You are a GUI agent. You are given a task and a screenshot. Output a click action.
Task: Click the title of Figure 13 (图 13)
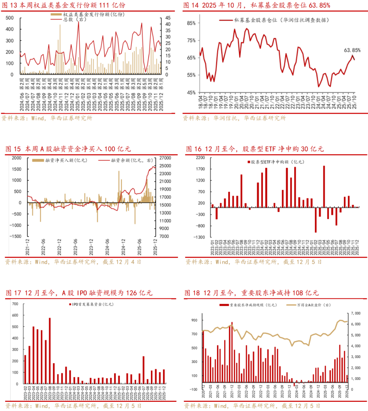[64, 5]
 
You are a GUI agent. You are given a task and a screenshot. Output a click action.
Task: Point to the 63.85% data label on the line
[352, 50]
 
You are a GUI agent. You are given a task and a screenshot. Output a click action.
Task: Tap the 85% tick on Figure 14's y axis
[191, 23]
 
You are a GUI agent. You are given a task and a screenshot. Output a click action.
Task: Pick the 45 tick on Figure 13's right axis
[168, 18]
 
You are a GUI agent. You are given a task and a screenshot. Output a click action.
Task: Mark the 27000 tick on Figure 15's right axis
[165, 158]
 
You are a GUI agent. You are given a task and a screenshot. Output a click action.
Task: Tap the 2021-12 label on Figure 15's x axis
[27, 247]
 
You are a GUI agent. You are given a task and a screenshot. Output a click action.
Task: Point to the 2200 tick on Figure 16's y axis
[200, 158]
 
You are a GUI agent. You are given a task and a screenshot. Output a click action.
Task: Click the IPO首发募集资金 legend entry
[92, 304]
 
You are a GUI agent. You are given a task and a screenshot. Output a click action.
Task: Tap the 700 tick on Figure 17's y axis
[15, 304]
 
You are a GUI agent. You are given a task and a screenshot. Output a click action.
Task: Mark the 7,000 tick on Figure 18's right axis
[355, 313]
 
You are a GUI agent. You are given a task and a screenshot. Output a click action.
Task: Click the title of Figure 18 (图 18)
[251, 293]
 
